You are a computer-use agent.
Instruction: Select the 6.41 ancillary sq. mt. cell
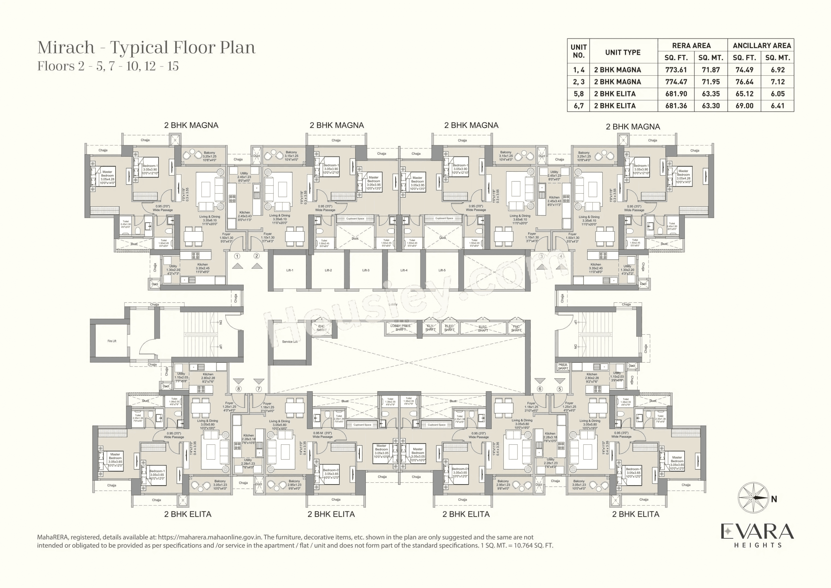pyautogui.click(x=777, y=106)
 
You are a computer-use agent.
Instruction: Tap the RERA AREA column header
pyautogui.click(x=691, y=46)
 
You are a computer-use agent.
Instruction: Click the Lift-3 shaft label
pyautogui.click(x=366, y=270)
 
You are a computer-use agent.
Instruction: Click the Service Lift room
pyautogui.click(x=290, y=342)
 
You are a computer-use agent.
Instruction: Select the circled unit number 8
pyautogui.click(x=238, y=389)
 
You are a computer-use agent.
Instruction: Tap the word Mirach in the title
pyautogui.click(x=66, y=48)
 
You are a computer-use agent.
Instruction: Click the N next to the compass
pyautogui.click(x=774, y=499)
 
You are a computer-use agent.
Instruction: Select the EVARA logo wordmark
pyautogui.click(x=757, y=531)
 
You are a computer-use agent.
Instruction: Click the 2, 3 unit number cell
pyautogui.click(x=578, y=82)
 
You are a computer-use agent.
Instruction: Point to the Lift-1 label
pyautogui.click(x=290, y=270)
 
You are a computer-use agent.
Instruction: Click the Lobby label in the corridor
pyautogui.click(x=393, y=305)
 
